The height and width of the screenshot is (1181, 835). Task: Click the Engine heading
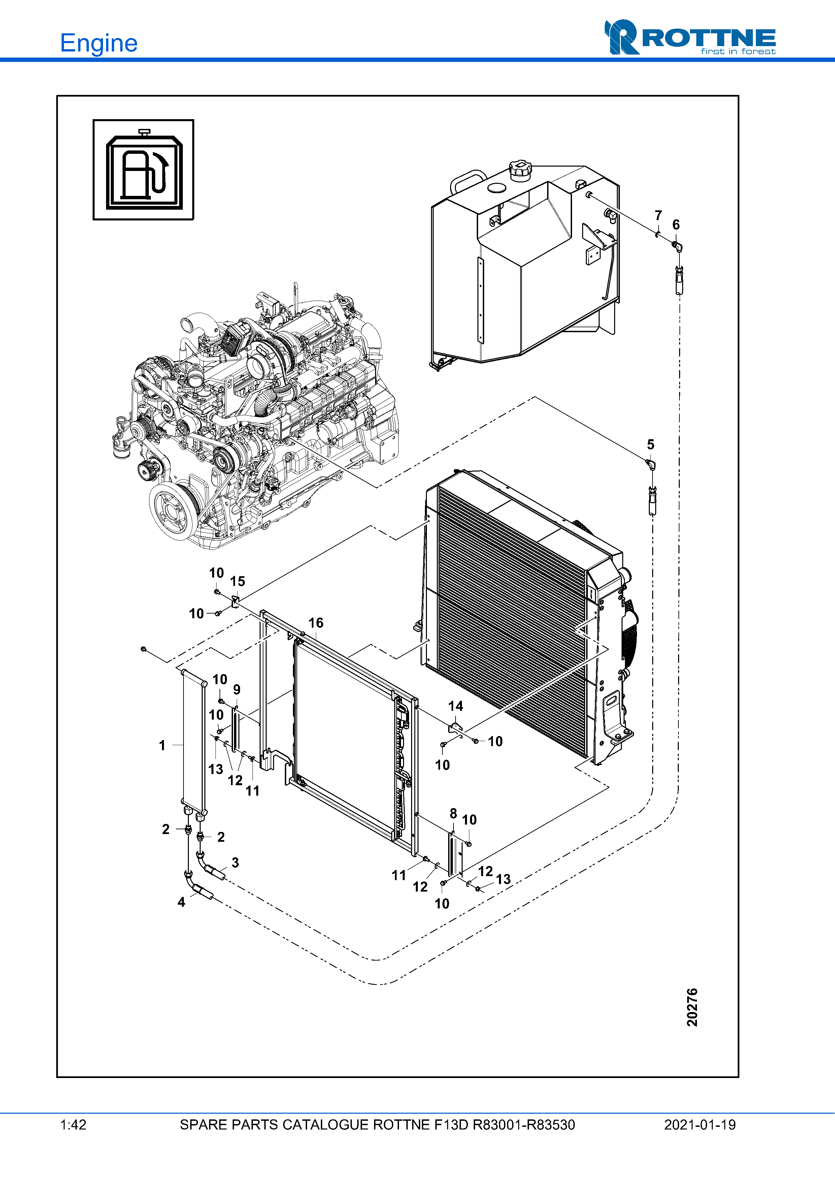98,43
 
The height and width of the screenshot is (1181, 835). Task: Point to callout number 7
658,215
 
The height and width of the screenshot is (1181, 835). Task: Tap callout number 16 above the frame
315,623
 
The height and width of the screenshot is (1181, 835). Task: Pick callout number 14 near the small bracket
455,706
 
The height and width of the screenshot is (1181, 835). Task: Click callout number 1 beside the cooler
162,745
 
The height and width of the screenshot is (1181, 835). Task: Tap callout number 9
237,689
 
